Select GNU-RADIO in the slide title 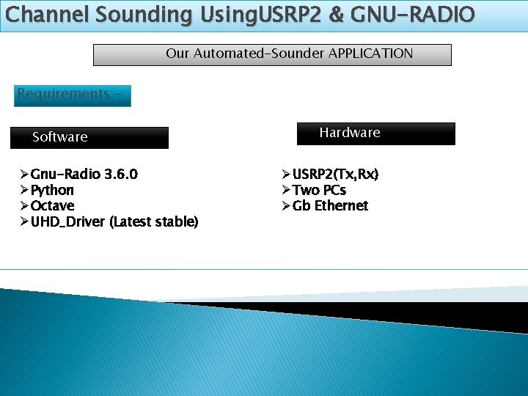tap(413, 14)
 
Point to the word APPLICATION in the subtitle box tap(370, 54)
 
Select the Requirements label tap(72, 95)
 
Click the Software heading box tap(89, 137)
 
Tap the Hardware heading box tap(375, 133)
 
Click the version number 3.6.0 tap(121, 175)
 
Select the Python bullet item tap(52, 190)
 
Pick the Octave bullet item tap(52, 205)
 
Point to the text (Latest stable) tap(154, 221)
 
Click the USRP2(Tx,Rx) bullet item tap(335, 175)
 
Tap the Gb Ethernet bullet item tap(330, 205)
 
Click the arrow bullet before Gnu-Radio tap(24, 175)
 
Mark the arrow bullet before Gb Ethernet tap(286, 205)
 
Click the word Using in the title tap(221, 14)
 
